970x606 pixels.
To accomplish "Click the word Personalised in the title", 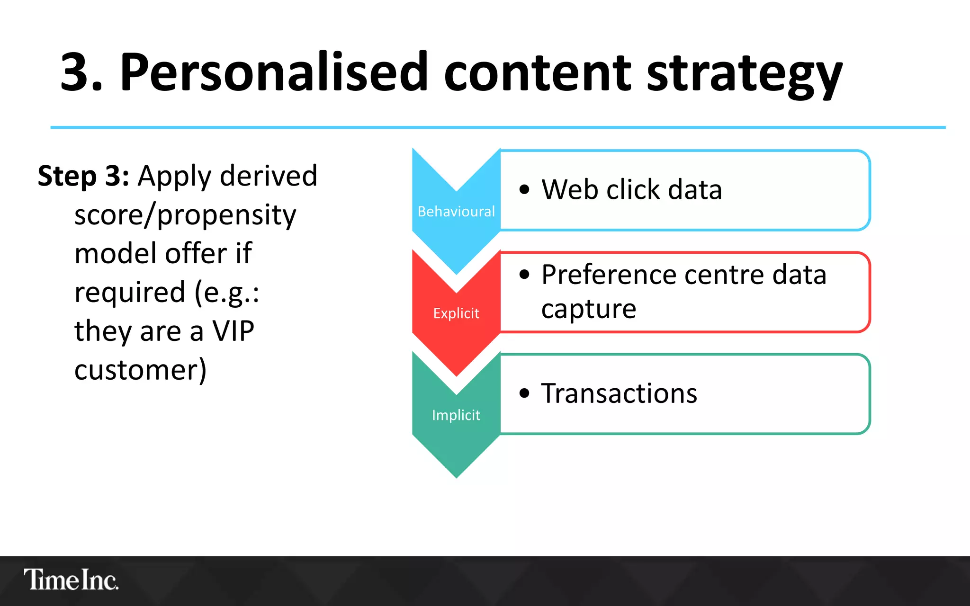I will coord(274,72).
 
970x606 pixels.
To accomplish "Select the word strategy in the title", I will coord(744,76).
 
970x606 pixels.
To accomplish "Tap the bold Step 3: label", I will coord(83,176).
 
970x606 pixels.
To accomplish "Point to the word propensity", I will coord(226,216).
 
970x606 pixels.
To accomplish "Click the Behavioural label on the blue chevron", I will coord(456,212).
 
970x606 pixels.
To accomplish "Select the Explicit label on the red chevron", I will coord(456,313).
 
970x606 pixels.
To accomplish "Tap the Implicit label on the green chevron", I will coord(456,415).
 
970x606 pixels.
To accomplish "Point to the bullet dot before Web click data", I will coord(524,190).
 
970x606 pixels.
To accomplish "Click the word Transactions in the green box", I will coord(619,393).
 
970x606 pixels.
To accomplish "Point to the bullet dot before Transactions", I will coord(524,393).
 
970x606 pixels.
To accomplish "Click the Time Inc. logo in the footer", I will coord(71,580).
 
